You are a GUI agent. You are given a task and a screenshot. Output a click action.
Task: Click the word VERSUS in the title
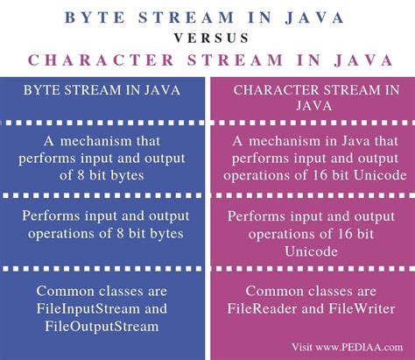(207, 39)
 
